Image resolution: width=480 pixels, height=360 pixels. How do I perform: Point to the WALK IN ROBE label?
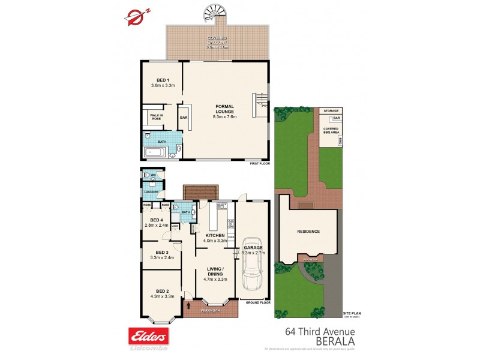[157, 118]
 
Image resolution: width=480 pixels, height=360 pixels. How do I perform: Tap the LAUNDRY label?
[151, 192]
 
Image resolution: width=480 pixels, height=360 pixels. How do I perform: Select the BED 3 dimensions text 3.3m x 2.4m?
[162, 257]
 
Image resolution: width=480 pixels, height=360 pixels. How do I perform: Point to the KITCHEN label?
[215, 235]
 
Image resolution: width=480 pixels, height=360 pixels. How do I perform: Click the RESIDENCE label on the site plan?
[308, 232]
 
